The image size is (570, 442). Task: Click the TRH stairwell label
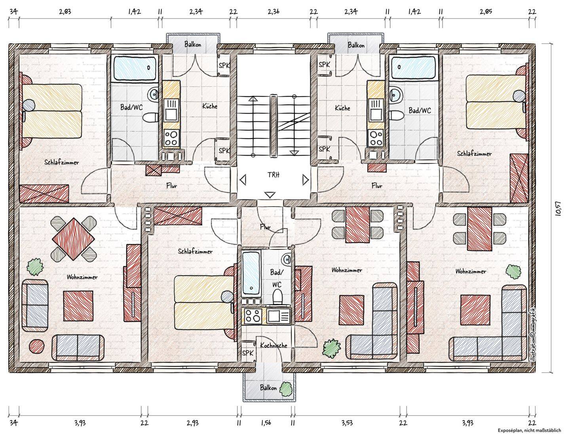[274, 175]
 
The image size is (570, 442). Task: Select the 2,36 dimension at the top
[274, 12]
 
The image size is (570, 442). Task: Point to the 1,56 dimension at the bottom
[266, 423]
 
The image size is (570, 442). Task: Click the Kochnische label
[274, 345]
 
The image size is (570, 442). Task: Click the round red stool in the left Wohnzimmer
[36, 346]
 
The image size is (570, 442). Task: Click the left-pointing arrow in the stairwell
[243, 180]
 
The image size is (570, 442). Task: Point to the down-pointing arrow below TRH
[270, 195]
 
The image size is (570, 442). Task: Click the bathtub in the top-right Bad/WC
[413, 67]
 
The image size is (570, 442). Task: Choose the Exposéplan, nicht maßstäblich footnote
[529, 430]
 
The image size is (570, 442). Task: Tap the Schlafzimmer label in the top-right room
[474, 154]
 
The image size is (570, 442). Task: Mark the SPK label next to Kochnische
[248, 353]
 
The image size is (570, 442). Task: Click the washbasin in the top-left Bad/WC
[153, 94]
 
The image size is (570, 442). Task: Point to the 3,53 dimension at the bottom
[347, 423]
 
